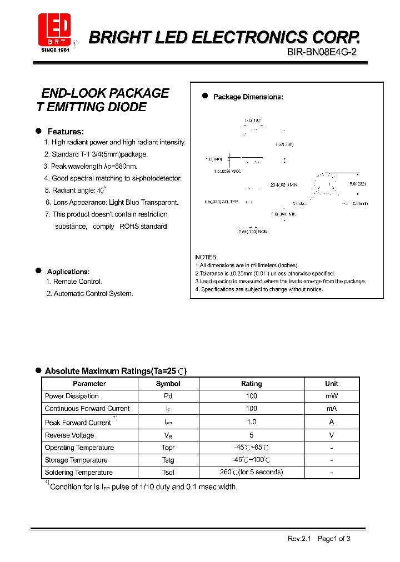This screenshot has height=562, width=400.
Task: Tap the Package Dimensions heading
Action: click(248, 97)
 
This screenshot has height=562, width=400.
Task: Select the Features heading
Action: click(66, 132)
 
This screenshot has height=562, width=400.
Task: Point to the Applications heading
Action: click(68, 272)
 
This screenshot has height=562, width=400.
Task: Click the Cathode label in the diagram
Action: click(359, 204)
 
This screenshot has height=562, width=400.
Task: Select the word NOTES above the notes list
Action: click(206, 257)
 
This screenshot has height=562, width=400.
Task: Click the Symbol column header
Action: click(168, 384)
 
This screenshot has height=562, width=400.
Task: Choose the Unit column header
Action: click(331, 384)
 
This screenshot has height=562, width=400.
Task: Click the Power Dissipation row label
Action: click(72, 396)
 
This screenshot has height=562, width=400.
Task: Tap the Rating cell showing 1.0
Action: click(251, 422)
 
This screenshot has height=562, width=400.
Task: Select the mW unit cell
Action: click(331, 396)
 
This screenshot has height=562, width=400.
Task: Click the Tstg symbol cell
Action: click(168, 460)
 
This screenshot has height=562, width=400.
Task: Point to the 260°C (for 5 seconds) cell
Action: click(251, 472)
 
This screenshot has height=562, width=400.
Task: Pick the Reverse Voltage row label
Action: click(69, 435)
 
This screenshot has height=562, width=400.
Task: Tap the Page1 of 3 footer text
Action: click(334, 539)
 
